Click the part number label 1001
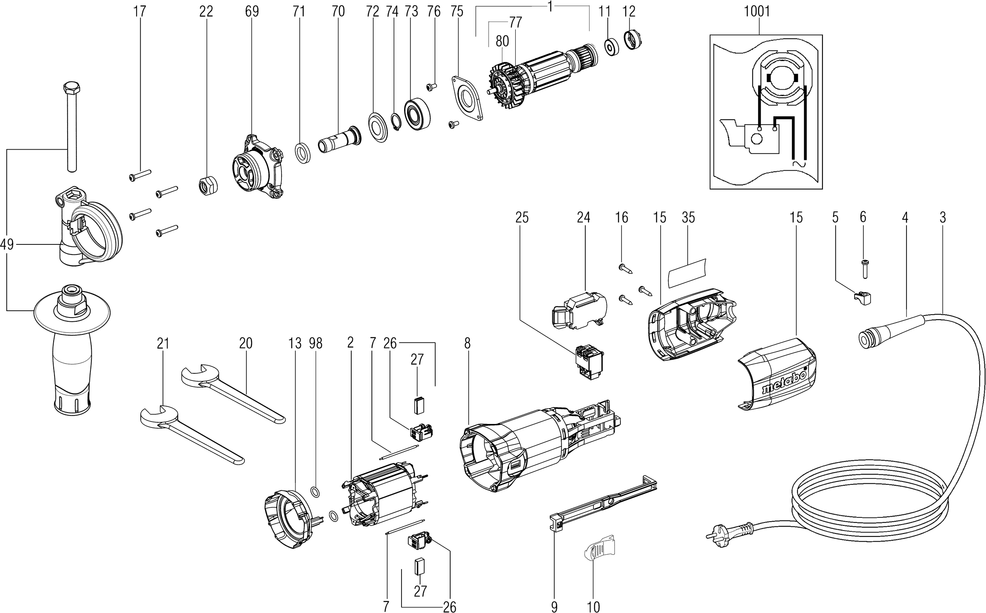[757, 11]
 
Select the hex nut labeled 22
[208, 186]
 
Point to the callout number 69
[252, 11]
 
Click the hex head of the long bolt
[69, 89]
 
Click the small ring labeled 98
[315, 491]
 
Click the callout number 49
[7, 244]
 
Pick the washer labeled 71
[303, 153]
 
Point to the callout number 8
[467, 344]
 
